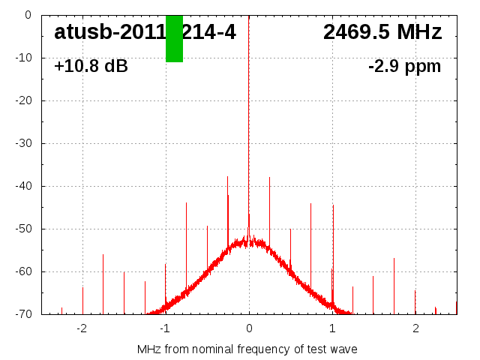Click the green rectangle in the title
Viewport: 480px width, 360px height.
tap(174, 38)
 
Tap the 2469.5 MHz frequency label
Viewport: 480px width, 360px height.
tap(382, 32)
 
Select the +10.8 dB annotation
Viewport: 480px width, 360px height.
tap(91, 66)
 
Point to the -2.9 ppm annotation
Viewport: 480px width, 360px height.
tap(404, 66)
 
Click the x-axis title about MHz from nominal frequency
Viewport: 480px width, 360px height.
tap(247, 349)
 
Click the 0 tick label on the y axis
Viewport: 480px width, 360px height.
tap(27, 15)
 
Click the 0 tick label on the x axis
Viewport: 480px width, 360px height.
tap(249, 328)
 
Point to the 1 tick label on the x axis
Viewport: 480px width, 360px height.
tap(332, 328)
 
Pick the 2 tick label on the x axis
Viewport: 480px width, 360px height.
tap(415, 328)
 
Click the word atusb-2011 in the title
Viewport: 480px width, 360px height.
tap(109, 32)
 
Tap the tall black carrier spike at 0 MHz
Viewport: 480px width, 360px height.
tap(249, 112)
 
